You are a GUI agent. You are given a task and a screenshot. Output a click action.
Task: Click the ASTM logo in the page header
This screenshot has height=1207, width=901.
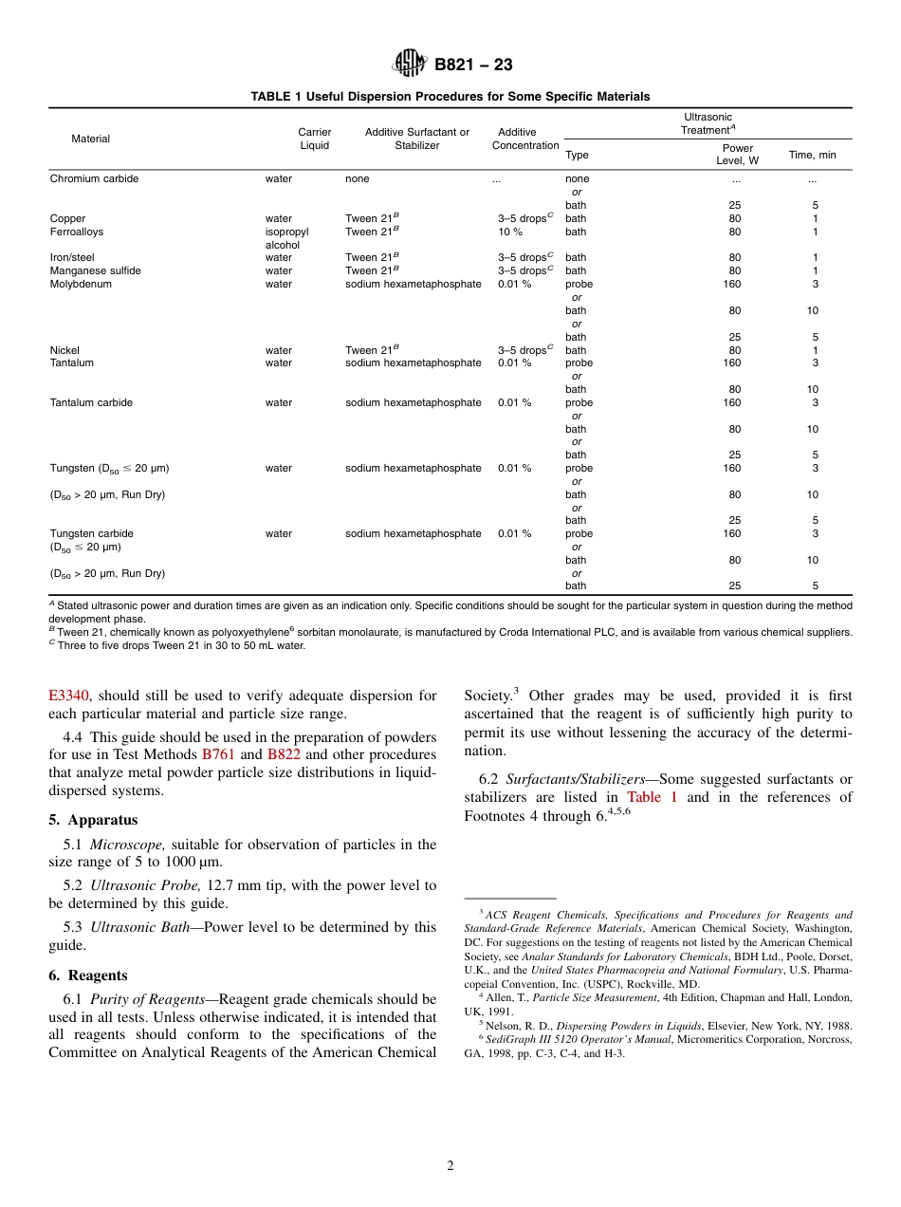tap(410, 64)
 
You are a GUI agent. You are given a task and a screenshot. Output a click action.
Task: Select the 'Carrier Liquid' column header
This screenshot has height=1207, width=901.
tap(314, 139)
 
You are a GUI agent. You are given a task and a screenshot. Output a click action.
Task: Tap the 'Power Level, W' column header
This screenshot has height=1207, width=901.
tap(737, 155)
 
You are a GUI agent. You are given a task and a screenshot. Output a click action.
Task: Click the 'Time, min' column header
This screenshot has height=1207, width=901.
tap(812, 155)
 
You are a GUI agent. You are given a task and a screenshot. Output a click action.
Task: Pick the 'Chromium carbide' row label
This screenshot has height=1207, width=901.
tap(94, 178)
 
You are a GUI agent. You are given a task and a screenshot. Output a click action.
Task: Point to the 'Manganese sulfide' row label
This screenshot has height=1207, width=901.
tap(95, 270)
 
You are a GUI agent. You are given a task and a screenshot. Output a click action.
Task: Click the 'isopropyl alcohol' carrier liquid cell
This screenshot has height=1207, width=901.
tap(286, 238)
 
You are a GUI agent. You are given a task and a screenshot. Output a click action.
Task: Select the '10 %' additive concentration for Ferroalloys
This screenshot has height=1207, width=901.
tap(510, 232)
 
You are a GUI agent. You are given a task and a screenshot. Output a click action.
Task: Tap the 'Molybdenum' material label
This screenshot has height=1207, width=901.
tap(81, 284)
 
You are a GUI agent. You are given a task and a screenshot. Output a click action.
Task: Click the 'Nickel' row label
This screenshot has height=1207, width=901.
tap(64, 350)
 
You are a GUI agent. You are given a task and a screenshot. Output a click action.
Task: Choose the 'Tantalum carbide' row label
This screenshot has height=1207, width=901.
tap(91, 402)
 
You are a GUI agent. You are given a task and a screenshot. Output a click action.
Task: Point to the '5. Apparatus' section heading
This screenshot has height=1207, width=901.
tap(93, 820)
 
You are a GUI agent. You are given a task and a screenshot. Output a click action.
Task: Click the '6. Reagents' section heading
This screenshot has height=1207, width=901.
tap(87, 975)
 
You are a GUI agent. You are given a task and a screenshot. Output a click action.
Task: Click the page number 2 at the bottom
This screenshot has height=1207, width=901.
tap(450, 1166)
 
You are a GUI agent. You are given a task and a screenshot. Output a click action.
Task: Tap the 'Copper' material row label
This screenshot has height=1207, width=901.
tap(67, 218)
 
